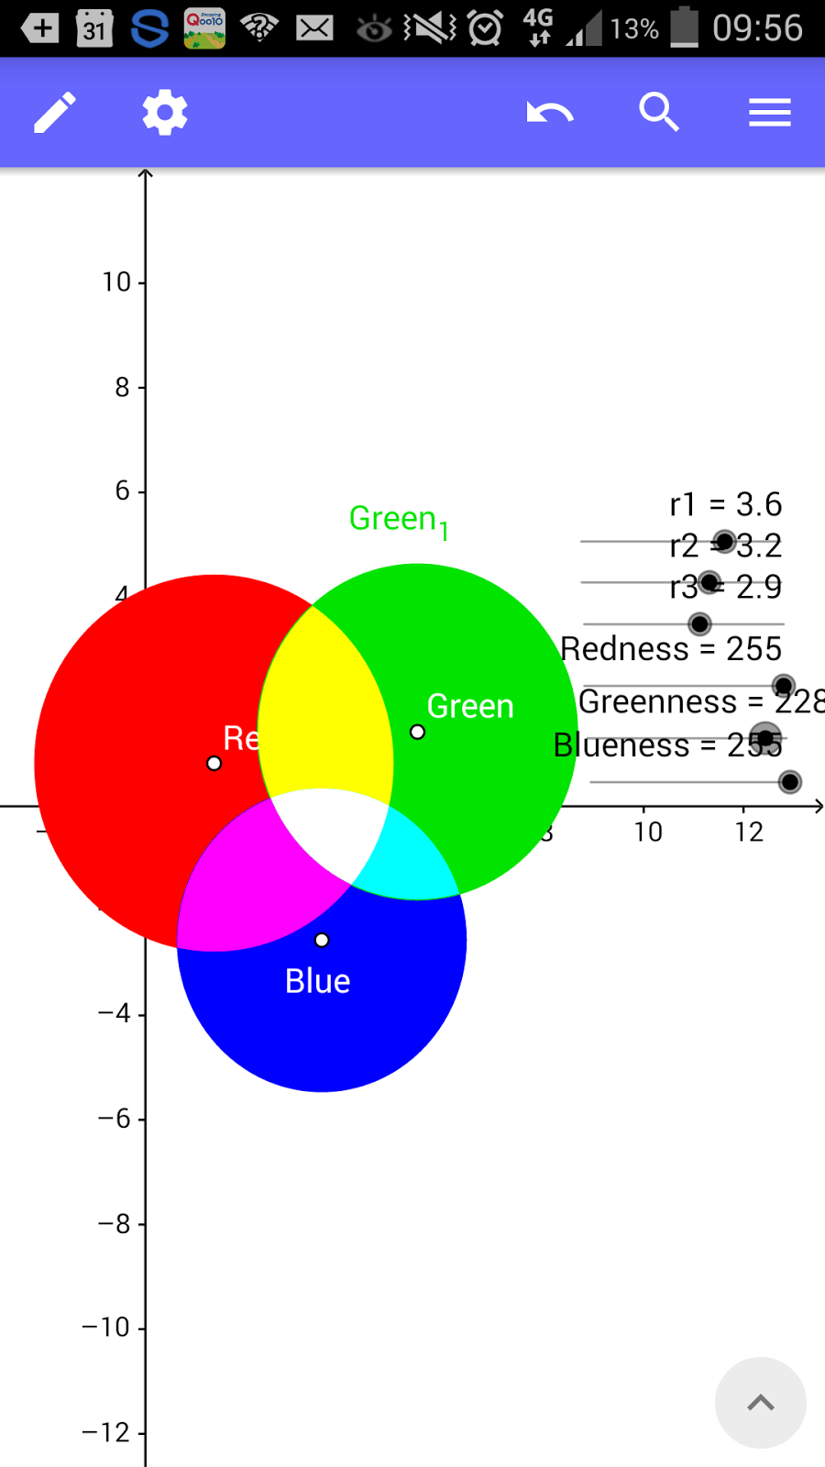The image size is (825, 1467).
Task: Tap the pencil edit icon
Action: (x=55, y=113)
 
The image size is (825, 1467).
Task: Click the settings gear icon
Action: (x=165, y=113)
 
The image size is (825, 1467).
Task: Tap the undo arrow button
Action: (x=549, y=113)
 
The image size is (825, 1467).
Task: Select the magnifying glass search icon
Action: (x=659, y=113)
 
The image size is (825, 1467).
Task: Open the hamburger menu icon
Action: (x=769, y=113)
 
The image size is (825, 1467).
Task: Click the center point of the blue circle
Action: (x=322, y=940)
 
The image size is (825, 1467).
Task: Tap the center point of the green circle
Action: (x=417, y=732)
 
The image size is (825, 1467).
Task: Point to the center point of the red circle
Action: (x=214, y=763)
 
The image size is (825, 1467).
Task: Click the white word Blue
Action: (x=317, y=981)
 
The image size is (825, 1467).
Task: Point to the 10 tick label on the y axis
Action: (x=116, y=282)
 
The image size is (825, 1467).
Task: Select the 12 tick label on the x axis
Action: (x=749, y=833)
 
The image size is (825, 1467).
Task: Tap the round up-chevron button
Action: (x=760, y=1403)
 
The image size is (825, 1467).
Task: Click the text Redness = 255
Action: (x=671, y=649)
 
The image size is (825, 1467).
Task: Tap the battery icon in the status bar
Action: (x=684, y=28)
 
